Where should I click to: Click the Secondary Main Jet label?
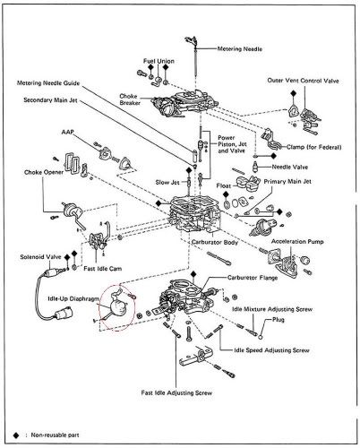[54, 102]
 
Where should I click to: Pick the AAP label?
[67, 132]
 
